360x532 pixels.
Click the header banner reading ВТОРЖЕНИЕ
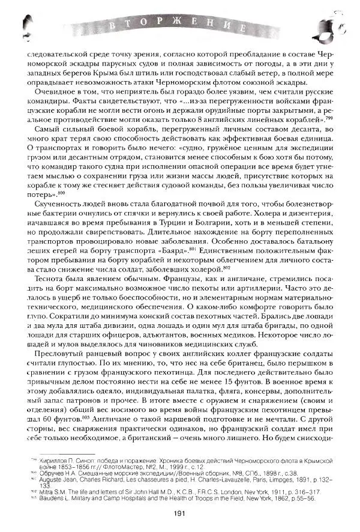(179, 25)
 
